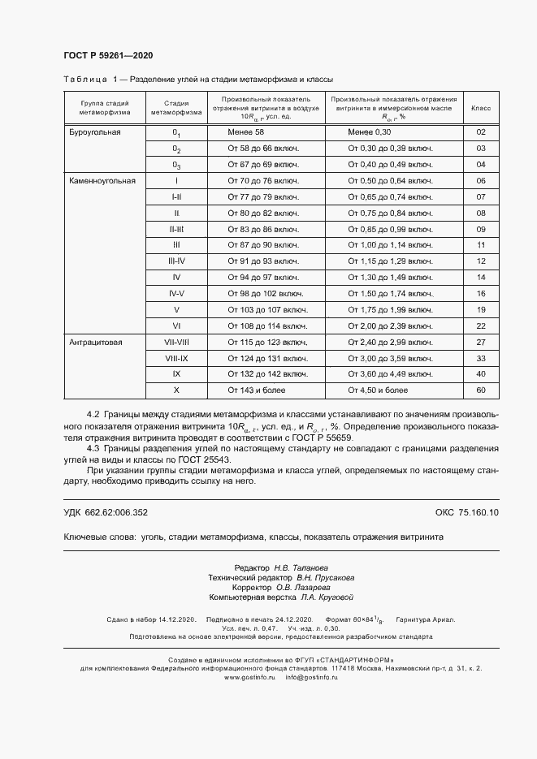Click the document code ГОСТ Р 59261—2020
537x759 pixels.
coord(108,55)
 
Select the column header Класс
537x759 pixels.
coord(481,108)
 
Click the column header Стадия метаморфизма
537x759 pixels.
coord(176,108)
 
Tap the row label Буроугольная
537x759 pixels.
coord(95,132)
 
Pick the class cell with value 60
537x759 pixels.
coord(481,390)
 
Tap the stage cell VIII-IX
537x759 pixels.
coord(176,358)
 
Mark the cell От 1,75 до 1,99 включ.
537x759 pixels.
coord(390,309)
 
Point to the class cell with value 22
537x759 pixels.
coord(481,326)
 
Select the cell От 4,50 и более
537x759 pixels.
coord(379,390)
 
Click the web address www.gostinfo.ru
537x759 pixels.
coord(249,676)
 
